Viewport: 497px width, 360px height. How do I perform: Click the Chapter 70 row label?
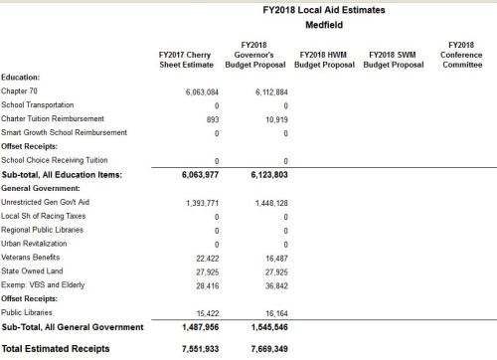click(22, 90)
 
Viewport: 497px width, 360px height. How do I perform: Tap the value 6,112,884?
click(265, 90)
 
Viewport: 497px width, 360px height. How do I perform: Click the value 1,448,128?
click(265, 202)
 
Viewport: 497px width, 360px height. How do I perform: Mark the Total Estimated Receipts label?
click(52, 349)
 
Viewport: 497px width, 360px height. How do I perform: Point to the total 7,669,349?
click(263, 349)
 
